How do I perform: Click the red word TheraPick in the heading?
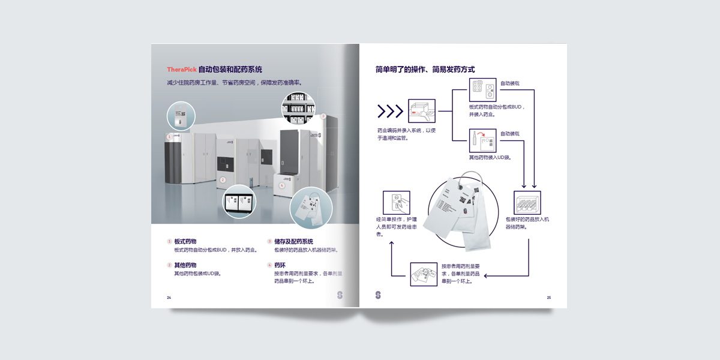[182, 70]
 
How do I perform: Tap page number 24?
[169, 298]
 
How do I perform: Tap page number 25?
[548, 298]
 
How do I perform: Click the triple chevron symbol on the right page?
[390, 111]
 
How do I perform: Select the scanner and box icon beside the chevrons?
[421, 112]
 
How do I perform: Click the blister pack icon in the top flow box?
[482, 91]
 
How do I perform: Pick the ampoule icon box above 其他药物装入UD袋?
[482, 142]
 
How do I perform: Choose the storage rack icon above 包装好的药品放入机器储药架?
[527, 203]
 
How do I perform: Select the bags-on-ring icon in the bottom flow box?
[424, 275]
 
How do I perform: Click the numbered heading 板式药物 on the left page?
[185, 241]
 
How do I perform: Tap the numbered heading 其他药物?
[185, 265]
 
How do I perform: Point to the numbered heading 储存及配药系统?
[293, 241]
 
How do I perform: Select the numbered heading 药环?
[280, 265]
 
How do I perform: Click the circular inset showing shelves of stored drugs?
[298, 109]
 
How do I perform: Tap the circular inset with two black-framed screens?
[240, 201]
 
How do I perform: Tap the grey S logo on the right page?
[378, 295]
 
